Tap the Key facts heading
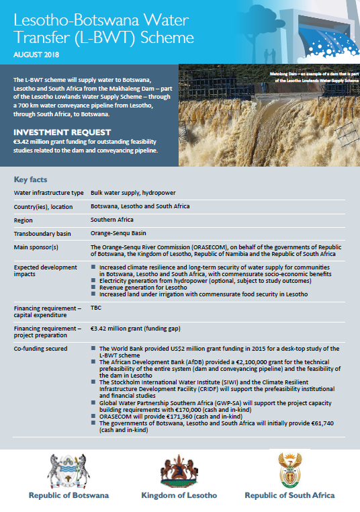(x=30, y=180)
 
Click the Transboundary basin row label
(x=44, y=234)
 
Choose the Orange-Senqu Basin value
(x=119, y=234)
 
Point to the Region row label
(x=26, y=220)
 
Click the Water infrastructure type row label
(x=50, y=193)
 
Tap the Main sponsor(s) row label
(x=38, y=248)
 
